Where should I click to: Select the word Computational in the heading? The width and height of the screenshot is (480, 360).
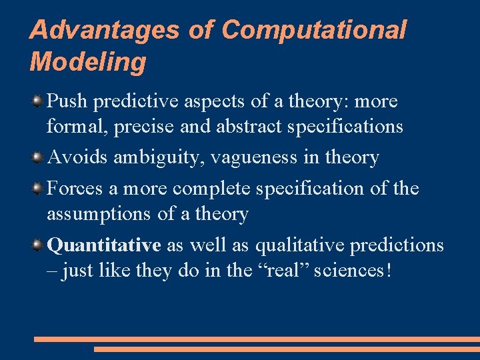pyautogui.click(x=314, y=30)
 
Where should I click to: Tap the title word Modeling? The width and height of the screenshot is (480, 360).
pyautogui.click(x=87, y=62)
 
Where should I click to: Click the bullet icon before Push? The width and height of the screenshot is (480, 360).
pyautogui.click(x=39, y=102)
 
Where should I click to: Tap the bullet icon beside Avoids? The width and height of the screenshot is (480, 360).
pyautogui.click(x=39, y=158)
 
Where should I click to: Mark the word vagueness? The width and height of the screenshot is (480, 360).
pyautogui.click(x=252, y=158)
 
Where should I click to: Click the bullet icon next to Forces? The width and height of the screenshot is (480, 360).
pyautogui.click(x=39, y=189)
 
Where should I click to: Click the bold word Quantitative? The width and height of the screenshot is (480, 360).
pyautogui.click(x=105, y=245)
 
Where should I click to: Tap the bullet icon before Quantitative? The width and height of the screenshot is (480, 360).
pyautogui.click(x=39, y=246)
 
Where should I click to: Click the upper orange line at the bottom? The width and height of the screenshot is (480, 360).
pyautogui.click(x=257, y=339)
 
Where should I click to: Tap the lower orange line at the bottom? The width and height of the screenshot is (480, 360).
pyautogui.click(x=287, y=349)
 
